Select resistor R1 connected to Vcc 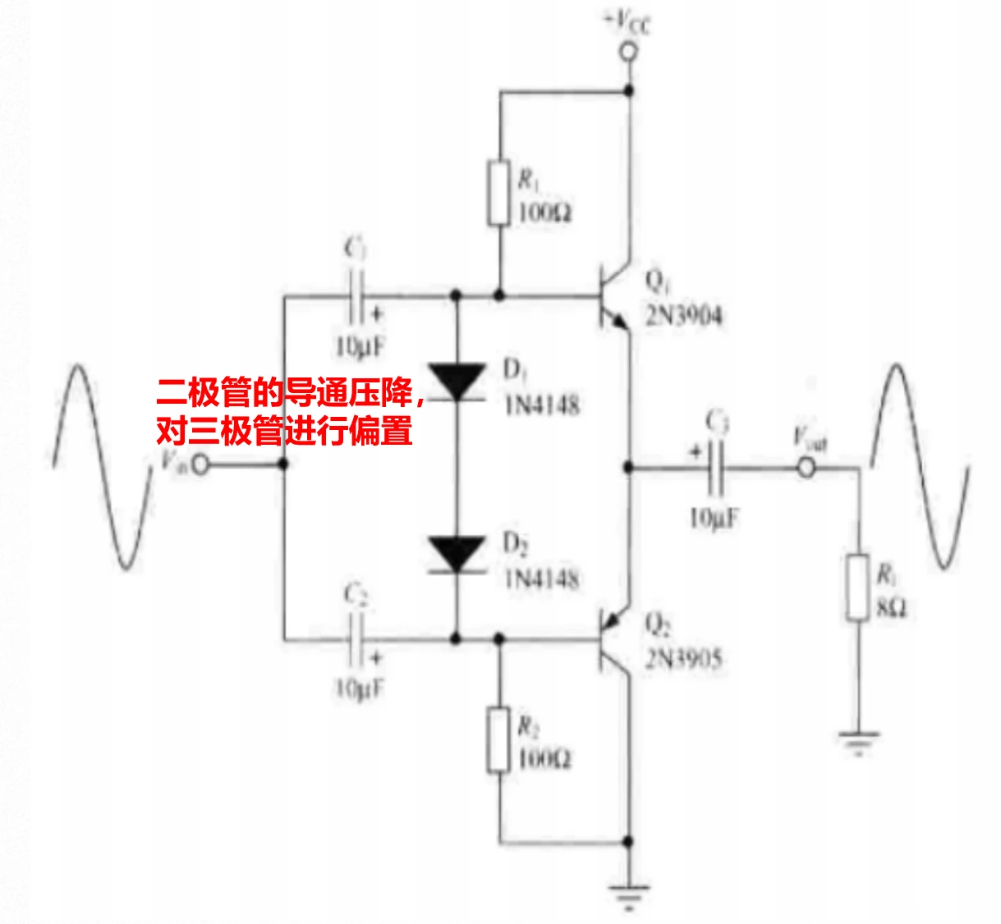click(499, 194)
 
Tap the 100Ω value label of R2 click(544, 758)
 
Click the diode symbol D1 click(457, 381)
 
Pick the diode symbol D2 click(457, 554)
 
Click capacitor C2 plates click(356, 639)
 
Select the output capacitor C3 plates click(715, 468)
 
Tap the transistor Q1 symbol click(612, 295)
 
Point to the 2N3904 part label click(683, 315)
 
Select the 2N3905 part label click(683, 659)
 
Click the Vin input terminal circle click(200, 465)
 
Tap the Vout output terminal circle click(807, 469)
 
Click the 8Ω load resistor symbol click(858, 588)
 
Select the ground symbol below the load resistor click(858, 742)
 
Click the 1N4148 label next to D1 click(542, 405)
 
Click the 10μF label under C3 click(714, 518)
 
